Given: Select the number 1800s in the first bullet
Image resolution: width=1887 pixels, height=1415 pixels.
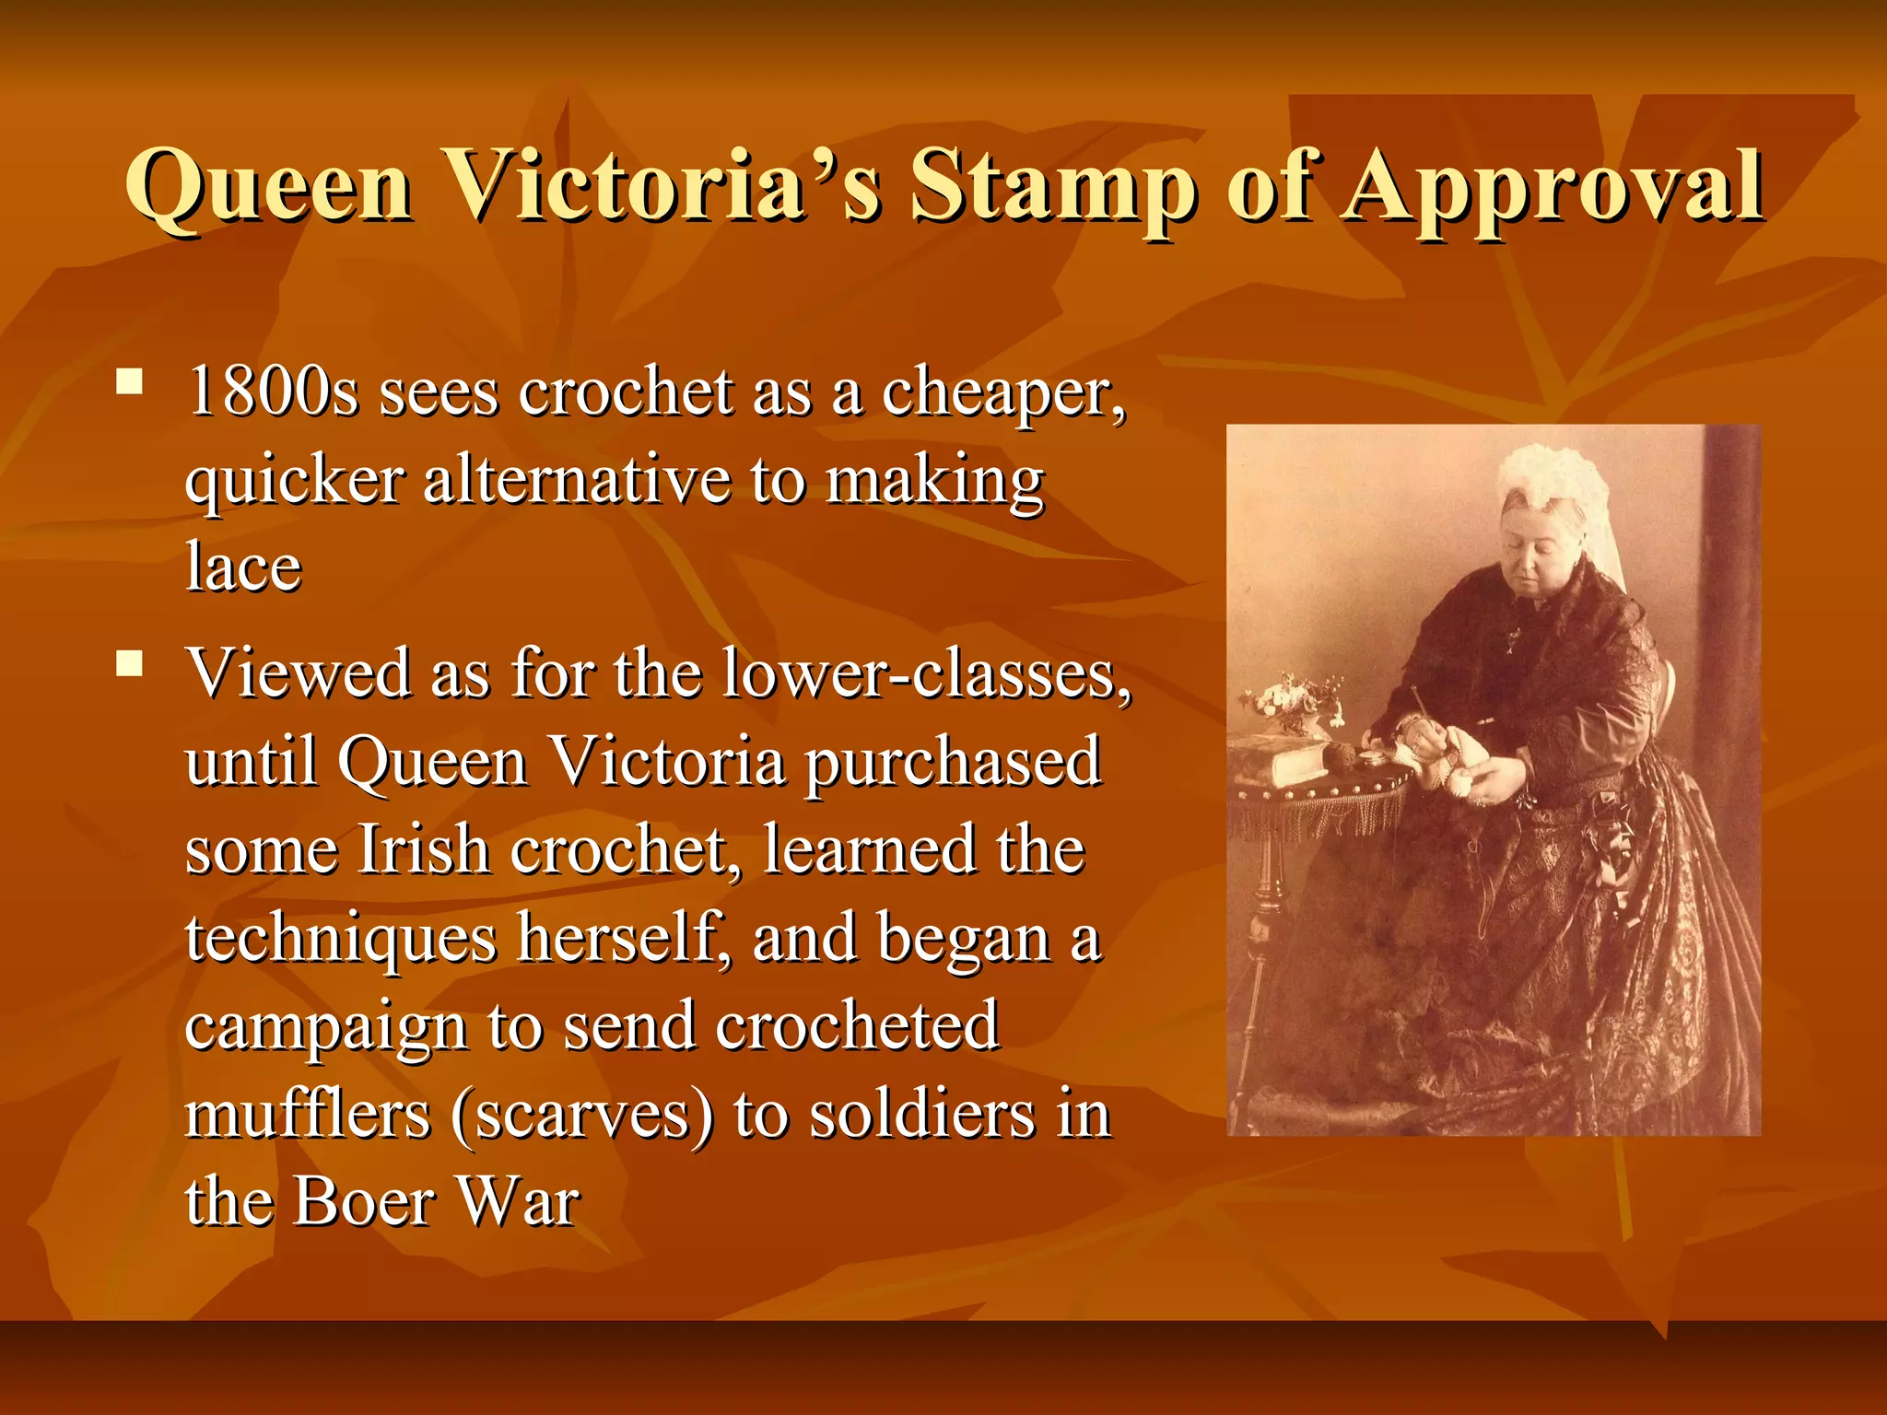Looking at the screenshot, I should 273,392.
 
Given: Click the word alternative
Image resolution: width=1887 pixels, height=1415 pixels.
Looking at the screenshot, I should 576,481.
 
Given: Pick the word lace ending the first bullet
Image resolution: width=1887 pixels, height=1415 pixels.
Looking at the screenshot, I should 243,566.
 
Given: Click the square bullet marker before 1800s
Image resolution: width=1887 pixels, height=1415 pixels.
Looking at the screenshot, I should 130,380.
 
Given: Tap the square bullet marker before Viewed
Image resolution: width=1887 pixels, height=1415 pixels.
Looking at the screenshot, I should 130,662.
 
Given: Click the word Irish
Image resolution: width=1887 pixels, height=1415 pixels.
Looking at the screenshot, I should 423,849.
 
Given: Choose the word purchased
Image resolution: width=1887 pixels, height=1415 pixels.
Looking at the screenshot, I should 953,763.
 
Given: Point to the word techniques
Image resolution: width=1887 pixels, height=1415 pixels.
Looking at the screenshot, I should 341,938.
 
